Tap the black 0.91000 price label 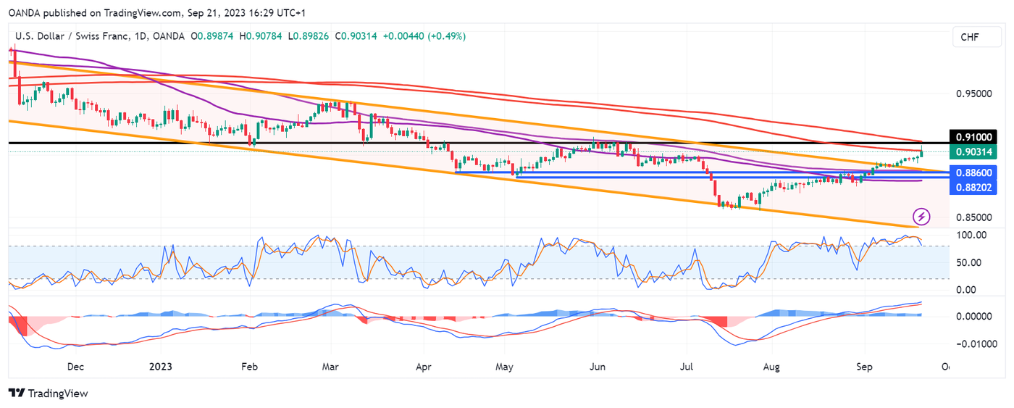[975, 137]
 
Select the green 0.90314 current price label [975, 151]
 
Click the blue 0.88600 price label [975, 172]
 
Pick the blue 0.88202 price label [975, 186]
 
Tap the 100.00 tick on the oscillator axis [971, 236]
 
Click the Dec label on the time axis [76, 367]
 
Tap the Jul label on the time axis [684, 367]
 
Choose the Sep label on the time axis [863, 367]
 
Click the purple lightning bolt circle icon [921, 216]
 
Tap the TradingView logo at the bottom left [48, 393]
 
